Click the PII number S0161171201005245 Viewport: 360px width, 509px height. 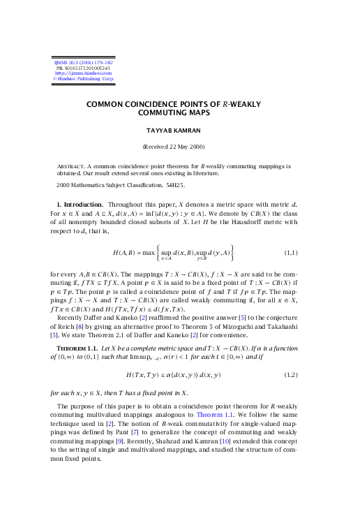pyautogui.click(x=85, y=68)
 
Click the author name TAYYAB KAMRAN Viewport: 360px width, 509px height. pyautogui.click(x=179, y=131)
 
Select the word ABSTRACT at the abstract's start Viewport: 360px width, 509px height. pyautogui.click(x=71, y=166)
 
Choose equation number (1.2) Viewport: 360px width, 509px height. pyautogui.click(x=292, y=376)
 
